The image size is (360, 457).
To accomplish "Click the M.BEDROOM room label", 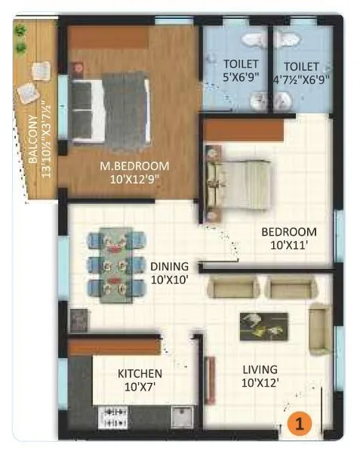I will [136, 166].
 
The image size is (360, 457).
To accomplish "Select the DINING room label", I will [168, 266].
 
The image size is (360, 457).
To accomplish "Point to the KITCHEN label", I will [140, 373].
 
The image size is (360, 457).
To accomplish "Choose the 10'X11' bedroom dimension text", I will [289, 245].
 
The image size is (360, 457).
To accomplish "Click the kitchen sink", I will [181, 416].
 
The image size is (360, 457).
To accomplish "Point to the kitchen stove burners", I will [113, 415].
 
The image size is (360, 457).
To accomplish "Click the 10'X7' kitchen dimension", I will [140, 387].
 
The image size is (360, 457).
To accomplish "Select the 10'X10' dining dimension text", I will [168, 279].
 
